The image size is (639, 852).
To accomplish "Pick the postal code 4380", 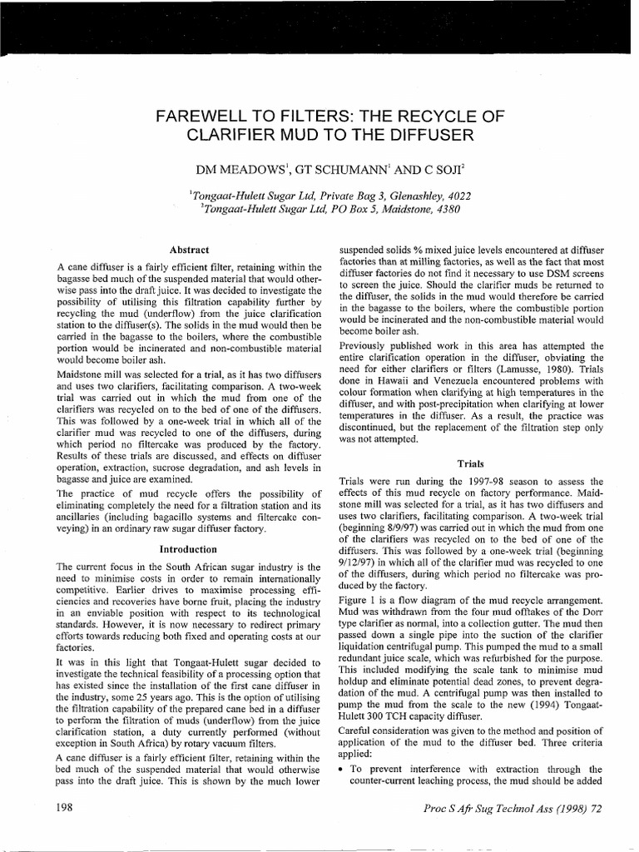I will pos(445,208).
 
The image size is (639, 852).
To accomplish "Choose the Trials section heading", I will pos(471,463).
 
